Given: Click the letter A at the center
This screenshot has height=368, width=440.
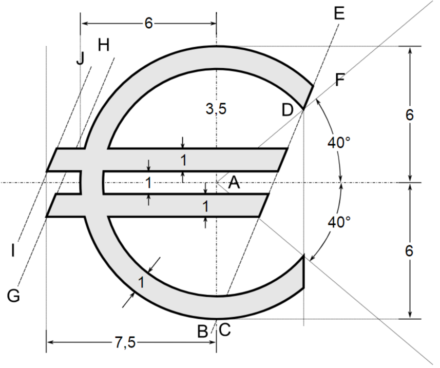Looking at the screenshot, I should pyautogui.click(x=234, y=182).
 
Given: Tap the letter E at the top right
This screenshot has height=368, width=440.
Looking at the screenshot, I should pyautogui.click(x=339, y=13).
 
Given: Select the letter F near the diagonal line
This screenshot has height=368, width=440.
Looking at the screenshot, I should pyautogui.click(x=340, y=80).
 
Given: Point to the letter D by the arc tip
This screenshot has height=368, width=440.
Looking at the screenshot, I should pyautogui.click(x=288, y=109).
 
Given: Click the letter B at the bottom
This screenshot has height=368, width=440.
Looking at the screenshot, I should pyautogui.click(x=203, y=331).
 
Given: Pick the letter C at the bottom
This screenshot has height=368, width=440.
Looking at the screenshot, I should pyautogui.click(x=225, y=331).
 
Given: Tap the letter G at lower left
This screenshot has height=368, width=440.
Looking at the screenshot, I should pyautogui.click(x=13, y=296).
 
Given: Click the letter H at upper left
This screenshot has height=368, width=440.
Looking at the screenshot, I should pyautogui.click(x=103, y=45).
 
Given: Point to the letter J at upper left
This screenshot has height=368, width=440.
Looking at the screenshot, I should pyautogui.click(x=80, y=59).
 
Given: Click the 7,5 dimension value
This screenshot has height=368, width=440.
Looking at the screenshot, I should pyautogui.click(x=125, y=343).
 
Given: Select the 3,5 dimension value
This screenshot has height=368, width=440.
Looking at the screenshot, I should pyautogui.click(x=216, y=109).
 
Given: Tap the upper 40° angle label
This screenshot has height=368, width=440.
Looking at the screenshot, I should pyautogui.click(x=339, y=142).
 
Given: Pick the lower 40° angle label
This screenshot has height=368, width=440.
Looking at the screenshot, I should pyautogui.click(x=339, y=222).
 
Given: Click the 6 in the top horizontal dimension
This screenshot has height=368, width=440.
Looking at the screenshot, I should pyautogui.click(x=148, y=24).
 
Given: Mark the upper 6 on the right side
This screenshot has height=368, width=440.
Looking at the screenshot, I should pyautogui.click(x=409, y=115).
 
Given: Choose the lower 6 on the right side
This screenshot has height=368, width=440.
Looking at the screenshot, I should pyautogui.click(x=409, y=251).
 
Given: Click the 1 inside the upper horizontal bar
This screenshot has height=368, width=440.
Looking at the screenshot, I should pyautogui.click(x=183, y=160).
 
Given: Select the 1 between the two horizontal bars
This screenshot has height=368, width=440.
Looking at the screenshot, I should pyautogui.click(x=148, y=182).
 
